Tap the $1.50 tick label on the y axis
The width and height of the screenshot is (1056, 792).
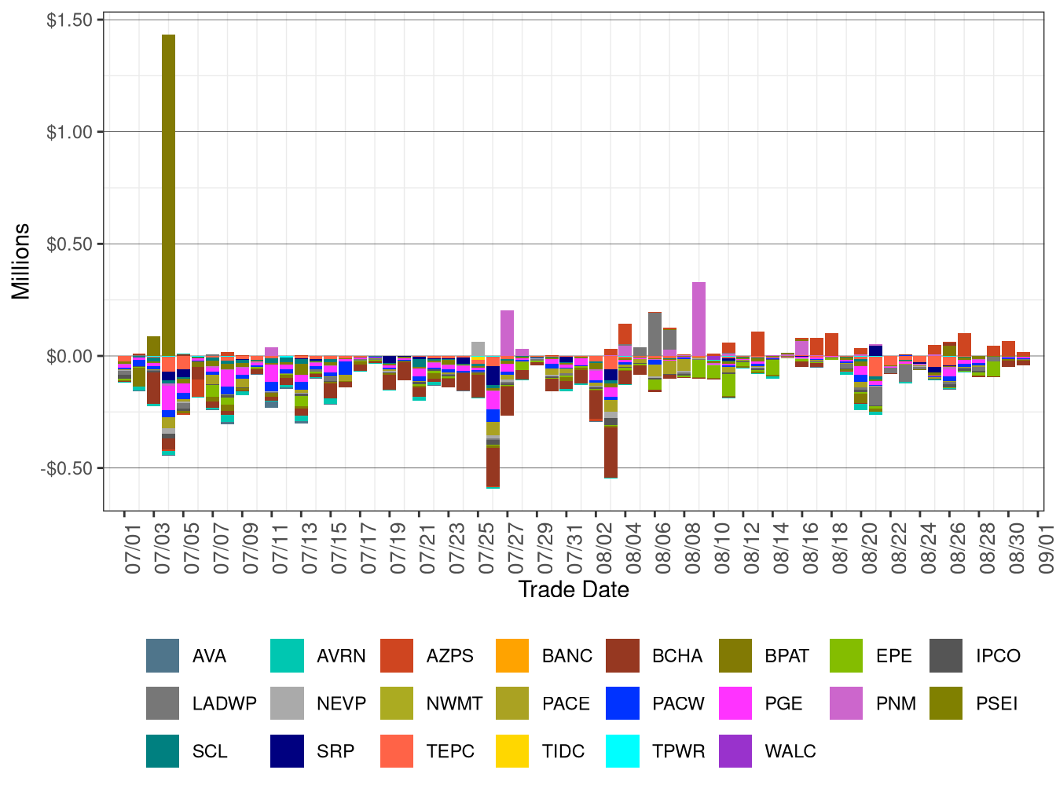(69, 20)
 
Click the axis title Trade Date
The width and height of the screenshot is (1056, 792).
(574, 590)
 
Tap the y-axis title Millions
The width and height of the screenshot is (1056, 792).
(21, 262)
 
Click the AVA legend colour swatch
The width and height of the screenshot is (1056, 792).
(163, 656)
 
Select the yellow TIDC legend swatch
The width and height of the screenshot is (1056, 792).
(512, 751)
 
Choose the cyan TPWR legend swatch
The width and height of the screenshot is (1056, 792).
(623, 751)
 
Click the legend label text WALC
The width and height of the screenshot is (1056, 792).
(790, 751)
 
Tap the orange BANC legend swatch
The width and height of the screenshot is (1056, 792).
(512, 656)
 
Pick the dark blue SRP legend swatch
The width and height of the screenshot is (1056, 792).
(287, 751)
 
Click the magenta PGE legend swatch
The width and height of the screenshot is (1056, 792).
(735, 704)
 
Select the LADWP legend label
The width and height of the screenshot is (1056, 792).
(224, 704)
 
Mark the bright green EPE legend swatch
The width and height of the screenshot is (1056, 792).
(846, 656)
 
